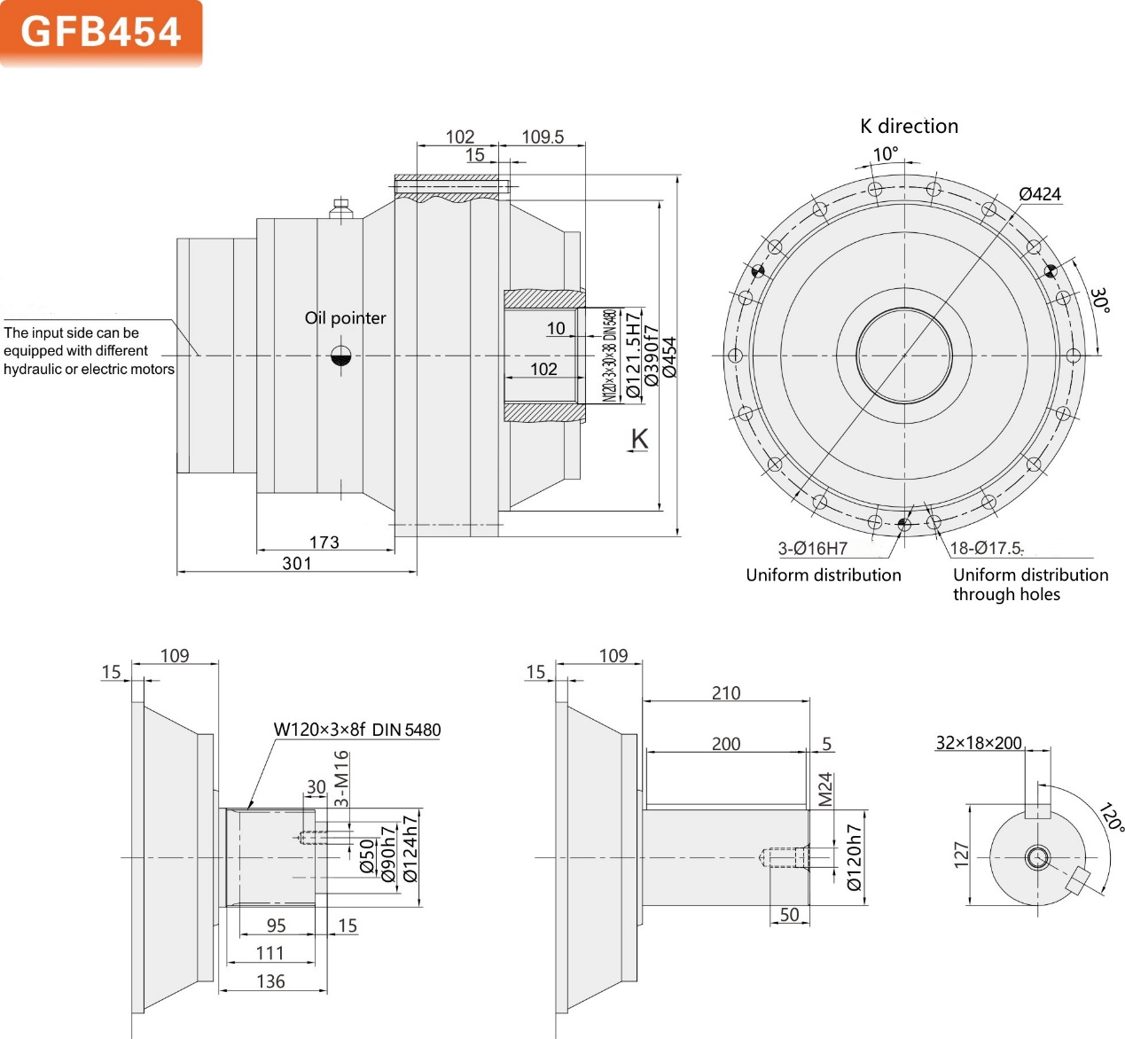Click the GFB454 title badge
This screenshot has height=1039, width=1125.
point(101,33)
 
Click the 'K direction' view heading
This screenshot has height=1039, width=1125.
point(909,126)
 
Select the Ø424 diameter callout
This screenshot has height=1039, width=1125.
point(1039,193)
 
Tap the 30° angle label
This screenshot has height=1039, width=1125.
point(1099,300)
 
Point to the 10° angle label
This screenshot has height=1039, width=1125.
point(885,154)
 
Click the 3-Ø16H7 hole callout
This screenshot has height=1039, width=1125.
point(812,549)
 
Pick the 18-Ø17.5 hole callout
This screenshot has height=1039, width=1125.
point(986,548)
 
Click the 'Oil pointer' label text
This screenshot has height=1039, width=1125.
point(345,317)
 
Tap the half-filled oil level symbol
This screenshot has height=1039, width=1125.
point(341,356)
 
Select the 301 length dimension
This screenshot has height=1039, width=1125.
point(296,563)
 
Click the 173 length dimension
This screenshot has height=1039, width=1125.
point(324,542)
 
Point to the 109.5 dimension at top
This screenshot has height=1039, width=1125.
point(542,137)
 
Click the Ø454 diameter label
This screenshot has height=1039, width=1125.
point(670,357)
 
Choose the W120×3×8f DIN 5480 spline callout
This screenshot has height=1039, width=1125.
point(356,730)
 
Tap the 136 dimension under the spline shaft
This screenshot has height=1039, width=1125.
point(270,980)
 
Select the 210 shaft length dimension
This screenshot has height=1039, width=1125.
point(725,692)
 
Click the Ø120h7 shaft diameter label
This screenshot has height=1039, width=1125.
point(854,857)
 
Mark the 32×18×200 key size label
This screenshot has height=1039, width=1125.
point(979,743)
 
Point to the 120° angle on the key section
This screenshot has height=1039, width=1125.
point(1111,817)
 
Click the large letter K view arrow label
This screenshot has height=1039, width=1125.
point(639,439)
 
